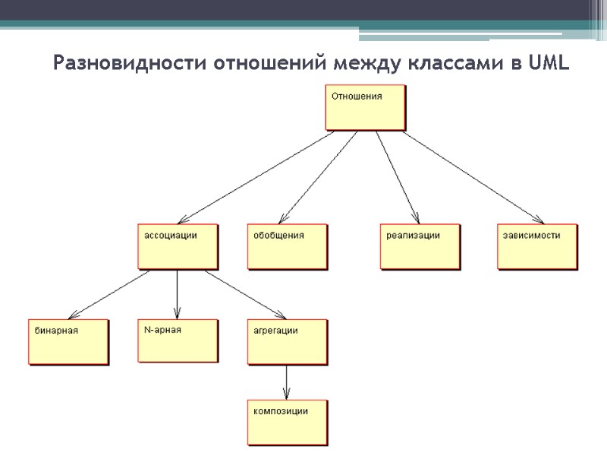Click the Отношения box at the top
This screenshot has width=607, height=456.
(x=366, y=107)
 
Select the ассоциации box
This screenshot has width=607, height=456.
(x=178, y=246)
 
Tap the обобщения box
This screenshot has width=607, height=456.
(x=288, y=246)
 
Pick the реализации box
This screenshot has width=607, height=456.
(x=420, y=246)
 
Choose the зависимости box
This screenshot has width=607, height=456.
(x=537, y=246)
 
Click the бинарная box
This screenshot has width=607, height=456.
(x=68, y=342)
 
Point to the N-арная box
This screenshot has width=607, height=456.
(x=178, y=340)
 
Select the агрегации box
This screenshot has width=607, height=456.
(x=288, y=342)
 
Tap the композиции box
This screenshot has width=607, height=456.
(x=288, y=422)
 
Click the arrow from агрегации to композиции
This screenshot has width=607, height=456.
(x=287, y=382)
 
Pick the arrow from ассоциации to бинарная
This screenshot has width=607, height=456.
(x=110, y=294)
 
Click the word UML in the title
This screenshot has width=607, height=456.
(x=547, y=63)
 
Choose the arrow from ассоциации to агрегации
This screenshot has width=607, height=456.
(x=244, y=294)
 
